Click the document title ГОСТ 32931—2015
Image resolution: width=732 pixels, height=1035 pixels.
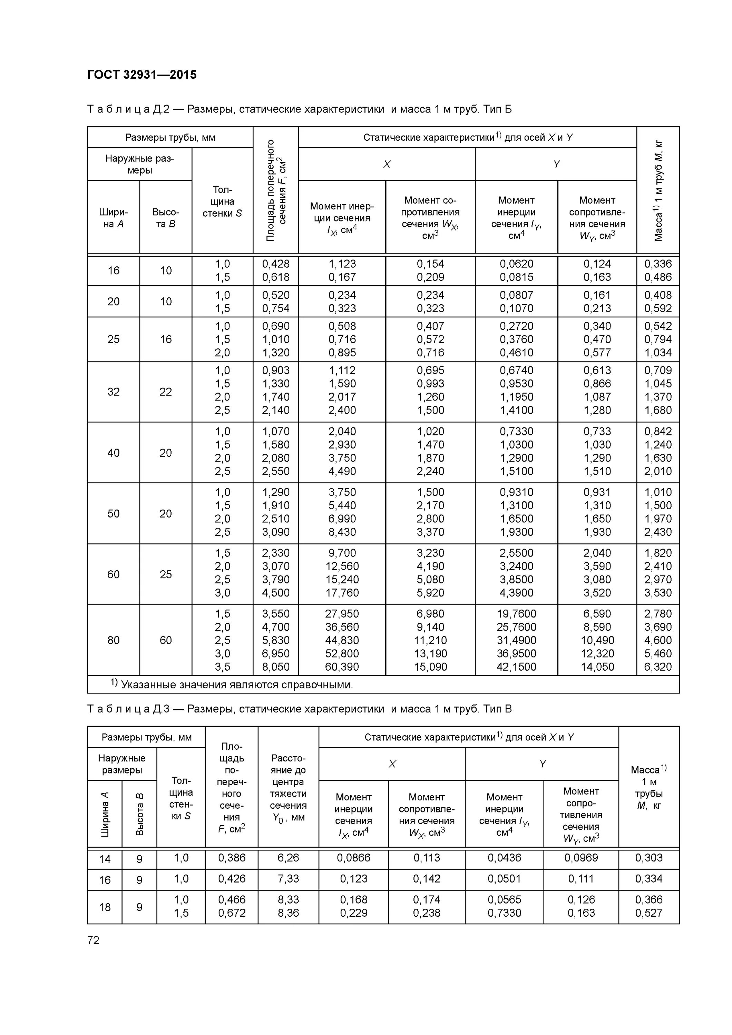[141, 75]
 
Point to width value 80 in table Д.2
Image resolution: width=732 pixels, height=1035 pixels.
[113, 640]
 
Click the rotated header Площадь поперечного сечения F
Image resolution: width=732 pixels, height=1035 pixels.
[275, 190]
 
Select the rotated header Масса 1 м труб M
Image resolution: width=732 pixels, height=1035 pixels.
[658, 190]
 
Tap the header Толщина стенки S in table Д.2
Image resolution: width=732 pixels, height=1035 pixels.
[222, 201]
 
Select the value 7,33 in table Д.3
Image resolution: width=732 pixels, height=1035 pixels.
[288, 879]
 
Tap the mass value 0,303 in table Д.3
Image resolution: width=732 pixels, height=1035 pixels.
[648, 857]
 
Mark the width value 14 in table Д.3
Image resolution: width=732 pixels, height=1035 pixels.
[105, 859]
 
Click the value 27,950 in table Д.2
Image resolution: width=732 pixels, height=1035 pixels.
[342, 613]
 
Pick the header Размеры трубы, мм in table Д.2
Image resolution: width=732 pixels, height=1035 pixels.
[170, 138]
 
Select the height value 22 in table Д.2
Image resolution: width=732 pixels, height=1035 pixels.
[166, 391]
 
